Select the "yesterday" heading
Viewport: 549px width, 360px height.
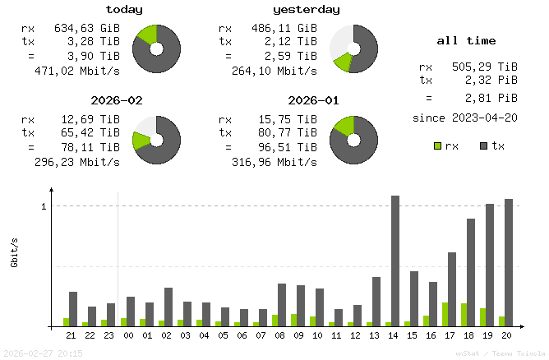click(x=307, y=10)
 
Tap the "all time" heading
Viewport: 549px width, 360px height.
click(x=466, y=40)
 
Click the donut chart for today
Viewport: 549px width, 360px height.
click(x=155, y=48)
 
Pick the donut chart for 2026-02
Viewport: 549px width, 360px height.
click(x=155, y=139)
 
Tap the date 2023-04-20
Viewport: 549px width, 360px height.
click(x=485, y=118)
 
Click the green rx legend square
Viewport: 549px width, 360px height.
click(x=438, y=146)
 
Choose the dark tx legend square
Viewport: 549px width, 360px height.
click(x=484, y=146)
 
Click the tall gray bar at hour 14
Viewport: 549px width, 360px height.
click(x=395, y=261)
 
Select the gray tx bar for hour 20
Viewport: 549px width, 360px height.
click(x=509, y=262)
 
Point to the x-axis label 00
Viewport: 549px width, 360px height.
click(x=129, y=335)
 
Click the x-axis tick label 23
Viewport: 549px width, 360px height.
click(x=110, y=335)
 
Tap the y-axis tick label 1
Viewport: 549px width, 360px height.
click(x=43, y=205)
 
